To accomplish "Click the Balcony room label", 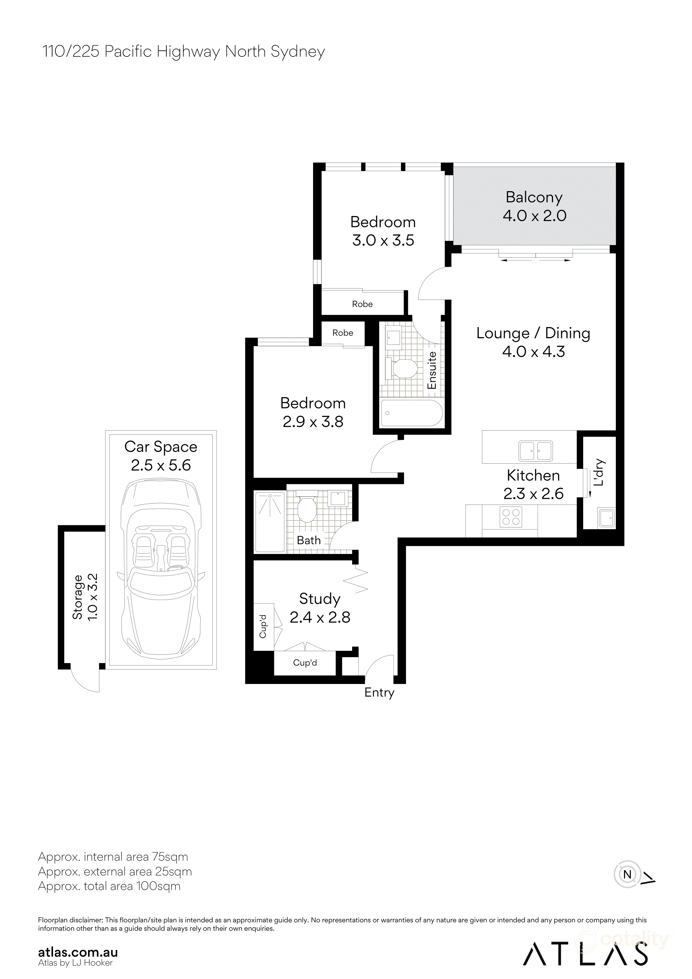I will point(534,197).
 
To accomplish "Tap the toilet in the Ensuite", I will point(403,368).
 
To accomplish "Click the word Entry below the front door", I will point(379,692).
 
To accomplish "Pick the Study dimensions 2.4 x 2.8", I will point(320,617).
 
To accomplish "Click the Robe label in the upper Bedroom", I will point(362,304).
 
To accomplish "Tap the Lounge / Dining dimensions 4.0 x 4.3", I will point(534,352).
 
